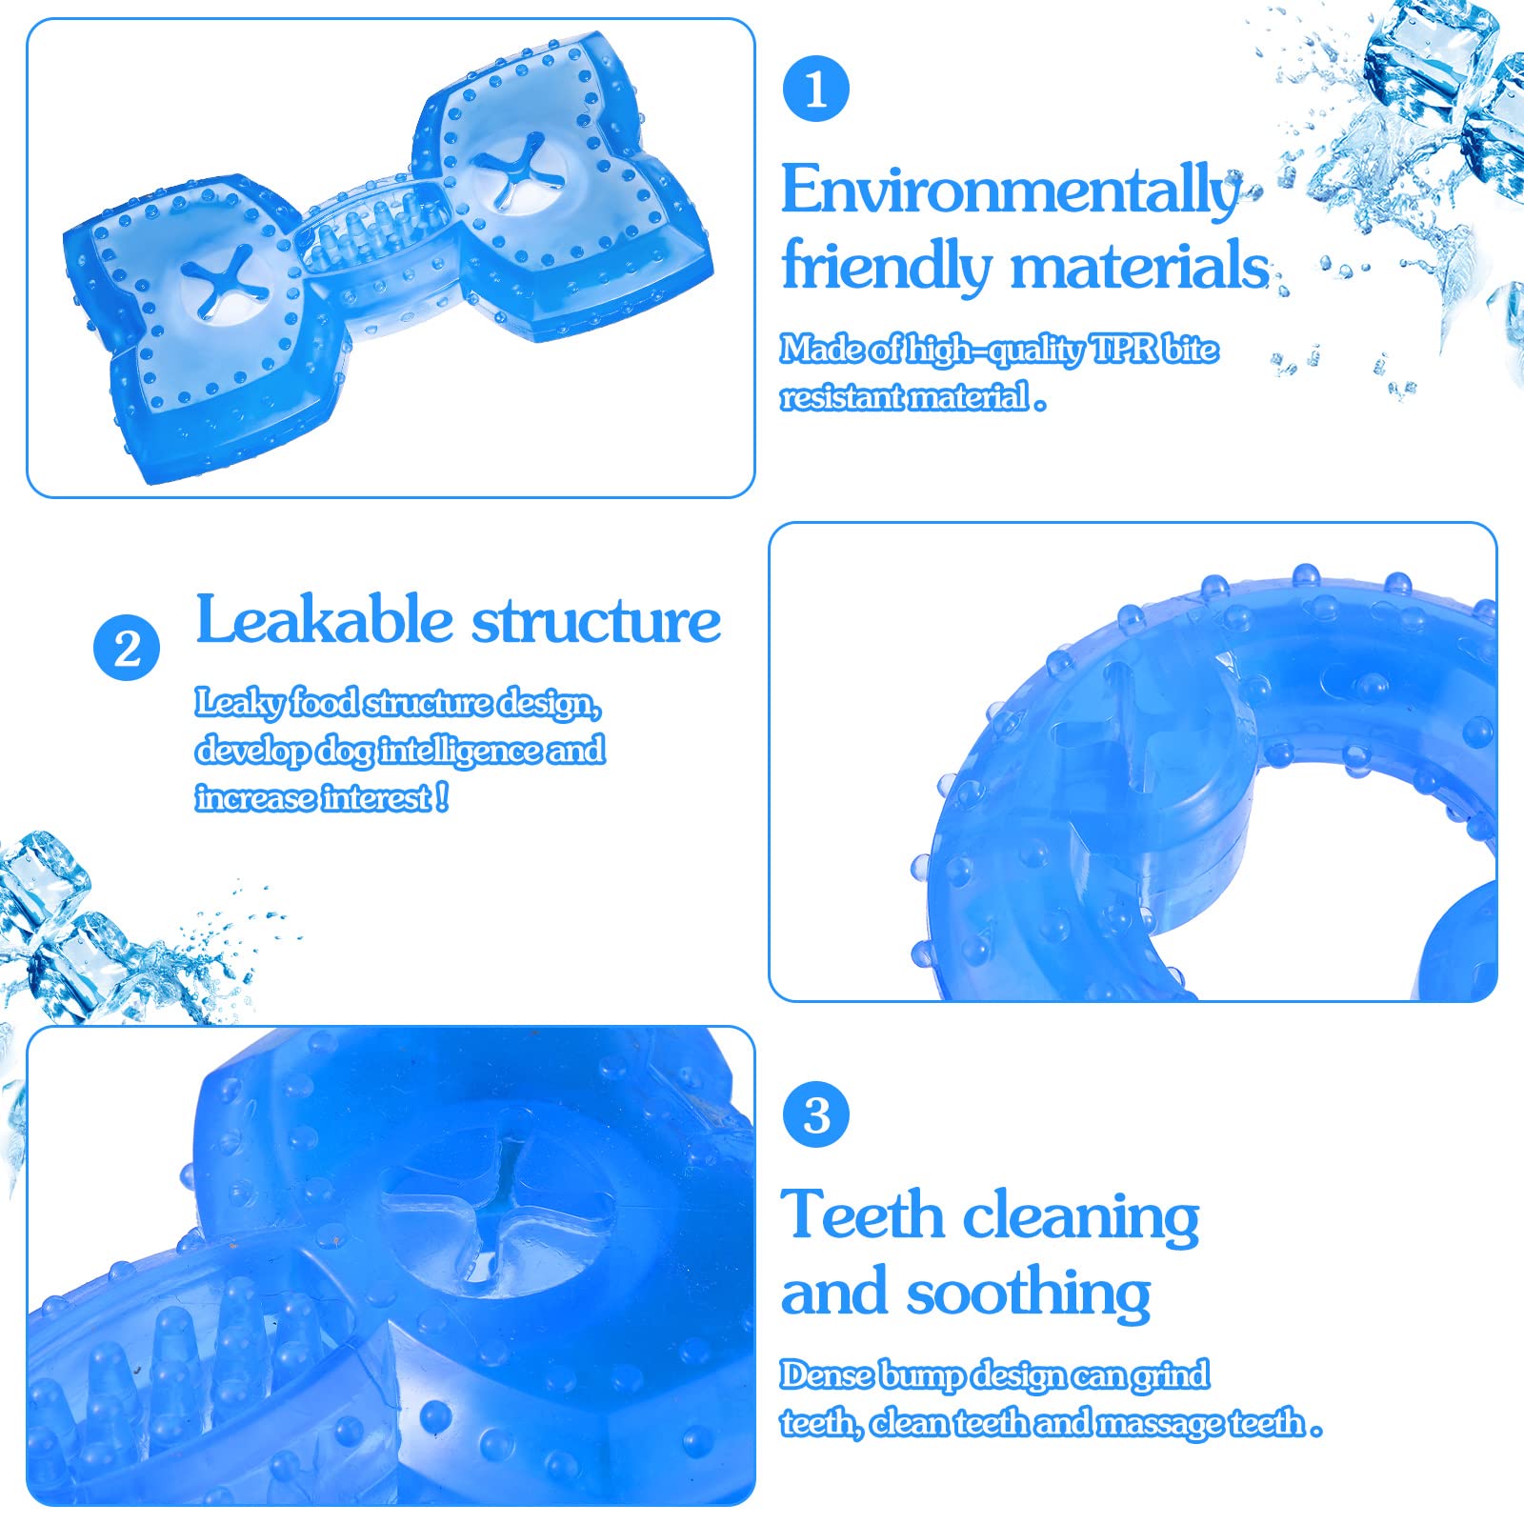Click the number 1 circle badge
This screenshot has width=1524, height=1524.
click(815, 89)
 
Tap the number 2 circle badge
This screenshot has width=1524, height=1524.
click(127, 649)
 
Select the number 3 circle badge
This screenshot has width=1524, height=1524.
click(816, 1114)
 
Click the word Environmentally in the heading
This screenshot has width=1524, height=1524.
click(1010, 190)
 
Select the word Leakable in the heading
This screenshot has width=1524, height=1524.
click(324, 621)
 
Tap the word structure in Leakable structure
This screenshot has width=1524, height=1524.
click(596, 621)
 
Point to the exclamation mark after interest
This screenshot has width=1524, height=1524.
click(442, 796)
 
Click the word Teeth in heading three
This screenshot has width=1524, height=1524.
click(862, 1216)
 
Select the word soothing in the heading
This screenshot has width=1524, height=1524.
click(1029, 1293)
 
